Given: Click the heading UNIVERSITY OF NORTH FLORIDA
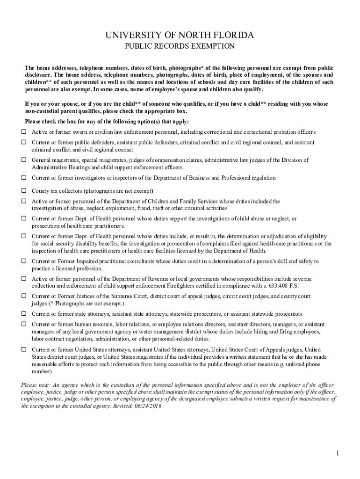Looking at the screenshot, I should (x=180, y=36).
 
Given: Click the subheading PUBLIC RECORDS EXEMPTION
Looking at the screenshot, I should (x=180, y=46).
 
